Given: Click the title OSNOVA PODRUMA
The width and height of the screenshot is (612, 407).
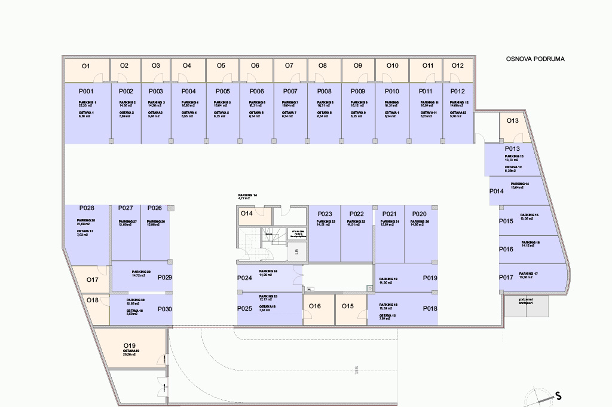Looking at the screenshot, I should click(535, 59).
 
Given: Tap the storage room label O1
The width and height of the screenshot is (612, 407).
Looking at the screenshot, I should click(85, 66).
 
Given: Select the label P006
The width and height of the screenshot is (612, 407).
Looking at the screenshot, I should click(257, 92).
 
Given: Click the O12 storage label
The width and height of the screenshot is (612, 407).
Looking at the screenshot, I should click(458, 66).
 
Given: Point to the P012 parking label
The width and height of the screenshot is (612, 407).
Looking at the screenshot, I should click(458, 92).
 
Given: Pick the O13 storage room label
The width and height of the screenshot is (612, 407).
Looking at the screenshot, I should click(513, 121).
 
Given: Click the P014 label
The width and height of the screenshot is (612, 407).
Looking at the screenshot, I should click(497, 192).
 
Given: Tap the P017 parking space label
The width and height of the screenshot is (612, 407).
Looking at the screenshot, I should click(506, 278).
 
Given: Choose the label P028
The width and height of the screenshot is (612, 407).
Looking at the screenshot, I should click(87, 208).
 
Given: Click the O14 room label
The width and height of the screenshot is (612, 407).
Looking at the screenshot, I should click(247, 213).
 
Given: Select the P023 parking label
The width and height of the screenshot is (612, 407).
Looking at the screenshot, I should click(325, 214).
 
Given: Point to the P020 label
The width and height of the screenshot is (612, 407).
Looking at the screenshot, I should click(420, 214).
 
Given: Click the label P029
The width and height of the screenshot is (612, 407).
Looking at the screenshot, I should click(165, 278).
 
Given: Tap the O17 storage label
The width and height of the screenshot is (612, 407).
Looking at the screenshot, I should click(92, 280).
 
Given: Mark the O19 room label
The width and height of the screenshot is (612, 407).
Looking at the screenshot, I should click(130, 345).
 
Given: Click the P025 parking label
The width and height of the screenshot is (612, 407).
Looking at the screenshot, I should click(244, 308).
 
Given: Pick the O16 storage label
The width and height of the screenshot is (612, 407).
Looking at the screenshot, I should click(315, 306).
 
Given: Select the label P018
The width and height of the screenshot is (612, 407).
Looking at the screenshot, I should click(430, 308).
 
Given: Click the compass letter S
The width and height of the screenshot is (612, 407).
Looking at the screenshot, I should click(558, 396).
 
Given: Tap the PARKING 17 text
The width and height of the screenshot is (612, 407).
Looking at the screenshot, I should click(529, 274).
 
